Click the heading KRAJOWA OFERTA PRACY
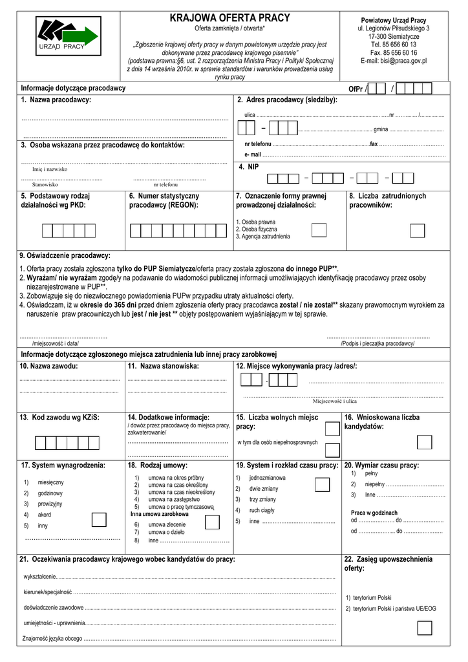(x=230, y=18)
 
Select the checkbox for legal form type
(x=319, y=231)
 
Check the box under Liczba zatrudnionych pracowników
(x=417, y=231)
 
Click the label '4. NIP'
(x=248, y=167)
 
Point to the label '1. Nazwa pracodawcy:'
(x=56, y=100)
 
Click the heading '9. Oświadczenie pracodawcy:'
(x=65, y=255)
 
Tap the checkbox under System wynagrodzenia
(x=99, y=520)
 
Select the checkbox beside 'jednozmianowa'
(x=322, y=485)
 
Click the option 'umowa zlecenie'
(x=167, y=524)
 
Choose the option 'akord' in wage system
(x=45, y=515)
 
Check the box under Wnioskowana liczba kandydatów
(x=425, y=442)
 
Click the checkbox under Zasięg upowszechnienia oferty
(x=425, y=628)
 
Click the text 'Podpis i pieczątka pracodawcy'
(x=378, y=344)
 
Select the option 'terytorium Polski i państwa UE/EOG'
(x=390, y=609)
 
